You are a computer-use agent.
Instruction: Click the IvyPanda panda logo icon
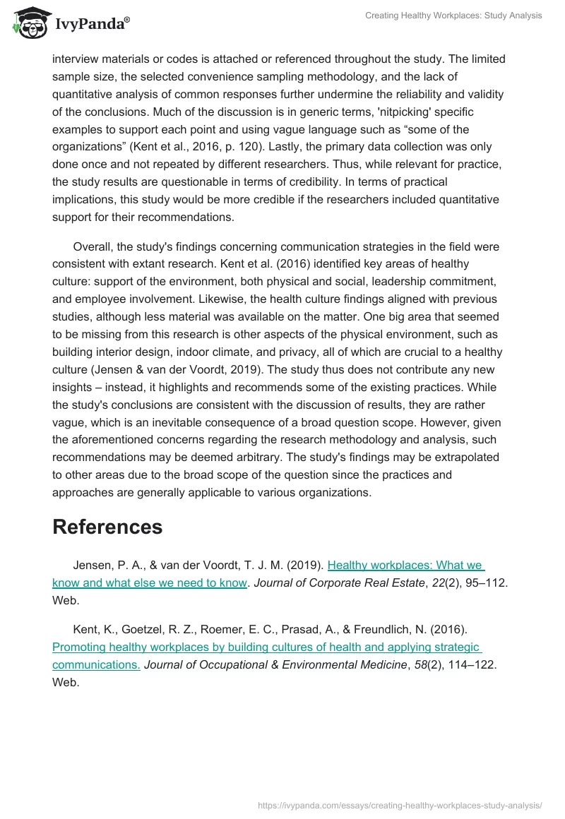pyautogui.click(x=28, y=23)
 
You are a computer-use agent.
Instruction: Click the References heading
pyautogui.click(x=107, y=527)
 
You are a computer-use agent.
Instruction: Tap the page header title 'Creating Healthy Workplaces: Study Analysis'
pyautogui.click(x=453, y=16)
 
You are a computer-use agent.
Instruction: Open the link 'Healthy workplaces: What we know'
pyautogui.click(x=405, y=565)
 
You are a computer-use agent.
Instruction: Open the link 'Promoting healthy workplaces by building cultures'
pyautogui.click(x=266, y=647)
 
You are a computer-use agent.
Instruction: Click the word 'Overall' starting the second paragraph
pyautogui.click(x=95, y=246)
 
